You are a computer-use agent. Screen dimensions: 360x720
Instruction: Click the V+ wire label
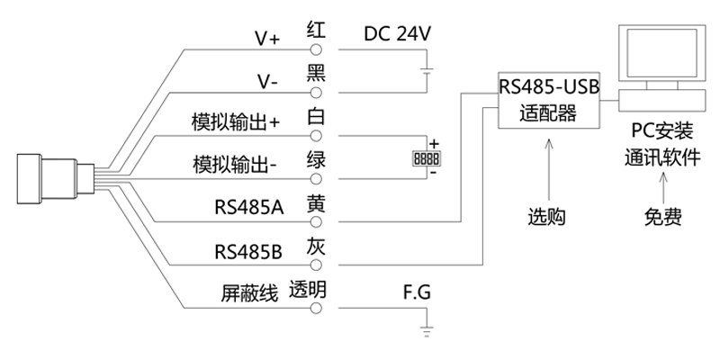(x=267, y=38)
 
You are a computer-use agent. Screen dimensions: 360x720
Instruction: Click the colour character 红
(x=316, y=29)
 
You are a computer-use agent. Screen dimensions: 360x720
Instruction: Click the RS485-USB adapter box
(x=548, y=101)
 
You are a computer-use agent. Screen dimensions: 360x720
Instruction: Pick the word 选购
(x=547, y=217)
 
